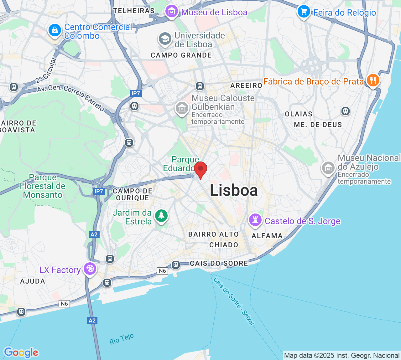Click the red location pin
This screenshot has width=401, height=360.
(x=200, y=169)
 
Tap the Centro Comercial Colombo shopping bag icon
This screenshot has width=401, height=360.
(x=55, y=31)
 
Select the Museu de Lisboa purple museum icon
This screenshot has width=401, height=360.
(x=171, y=12)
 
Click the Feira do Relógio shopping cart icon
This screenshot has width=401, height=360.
(x=303, y=12)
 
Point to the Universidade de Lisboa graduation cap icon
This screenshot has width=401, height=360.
(x=165, y=39)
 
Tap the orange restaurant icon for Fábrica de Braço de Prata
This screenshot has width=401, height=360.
(x=373, y=80)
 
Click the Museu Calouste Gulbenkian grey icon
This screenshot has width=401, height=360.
(x=182, y=108)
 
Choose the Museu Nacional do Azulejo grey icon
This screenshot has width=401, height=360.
(x=328, y=168)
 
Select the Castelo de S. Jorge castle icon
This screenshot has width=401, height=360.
(x=255, y=220)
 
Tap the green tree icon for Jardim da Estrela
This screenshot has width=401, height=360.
(x=161, y=216)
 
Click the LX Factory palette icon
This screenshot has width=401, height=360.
(x=90, y=269)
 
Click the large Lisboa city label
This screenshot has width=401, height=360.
(x=234, y=190)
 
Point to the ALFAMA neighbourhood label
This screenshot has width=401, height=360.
(x=267, y=236)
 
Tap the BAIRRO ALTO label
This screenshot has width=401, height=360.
(x=213, y=234)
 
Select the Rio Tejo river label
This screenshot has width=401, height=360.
(x=122, y=339)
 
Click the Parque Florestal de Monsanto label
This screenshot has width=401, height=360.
(x=43, y=186)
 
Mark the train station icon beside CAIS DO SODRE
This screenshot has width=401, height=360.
(x=176, y=265)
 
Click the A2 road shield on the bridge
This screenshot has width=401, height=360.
(x=92, y=320)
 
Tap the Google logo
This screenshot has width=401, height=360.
(x=21, y=352)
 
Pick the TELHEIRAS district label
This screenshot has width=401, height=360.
(x=134, y=11)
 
